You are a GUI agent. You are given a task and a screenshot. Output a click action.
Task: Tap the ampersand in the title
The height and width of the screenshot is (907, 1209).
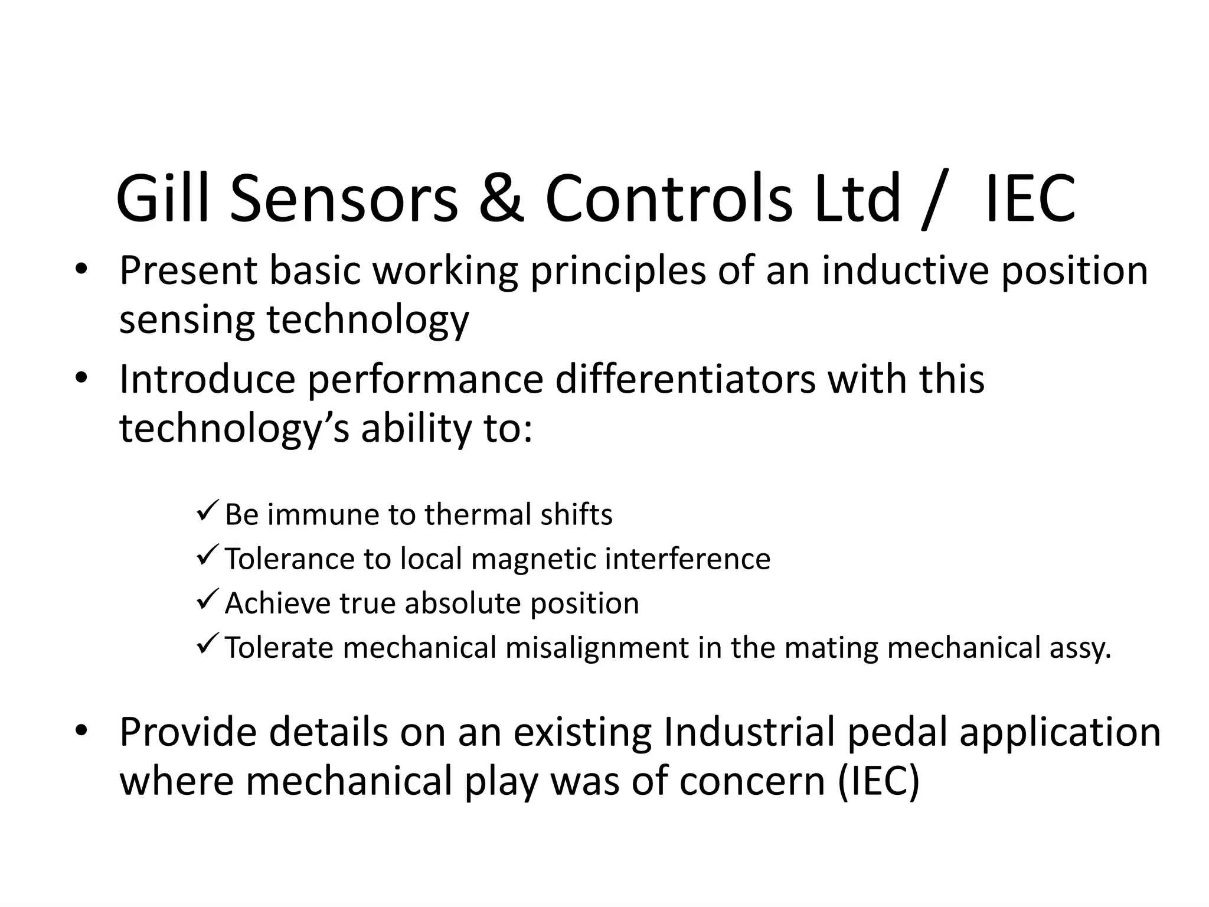pyautogui.click(x=501, y=199)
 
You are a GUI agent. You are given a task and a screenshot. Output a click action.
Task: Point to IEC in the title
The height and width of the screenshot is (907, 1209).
pyautogui.click(x=1030, y=199)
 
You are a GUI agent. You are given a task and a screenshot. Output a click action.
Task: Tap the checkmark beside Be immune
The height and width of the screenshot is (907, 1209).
pyautogui.click(x=208, y=510)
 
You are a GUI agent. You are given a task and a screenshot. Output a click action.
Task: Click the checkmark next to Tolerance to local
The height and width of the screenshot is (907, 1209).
pyautogui.click(x=208, y=554)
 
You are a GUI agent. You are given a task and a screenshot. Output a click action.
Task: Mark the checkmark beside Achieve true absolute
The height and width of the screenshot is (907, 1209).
pyautogui.click(x=208, y=599)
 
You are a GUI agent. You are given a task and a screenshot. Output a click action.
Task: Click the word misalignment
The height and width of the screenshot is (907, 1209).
pyautogui.click(x=597, y=648)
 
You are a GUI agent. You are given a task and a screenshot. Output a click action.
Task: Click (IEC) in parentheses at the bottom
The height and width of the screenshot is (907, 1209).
pyautogui.click(x=878, y=781)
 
